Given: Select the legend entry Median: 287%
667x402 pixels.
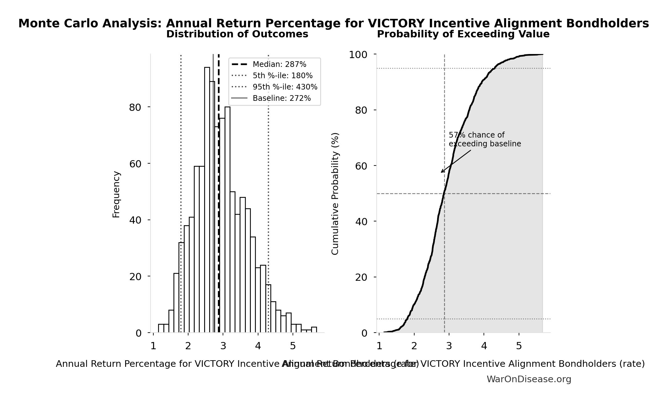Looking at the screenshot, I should pyautogui.click(x=279, y=64).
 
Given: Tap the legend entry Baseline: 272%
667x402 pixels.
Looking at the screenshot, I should pyautogui.click(x=281, y=98).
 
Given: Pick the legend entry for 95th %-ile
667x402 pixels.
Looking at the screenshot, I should pyautogui.click(x=285, y=87).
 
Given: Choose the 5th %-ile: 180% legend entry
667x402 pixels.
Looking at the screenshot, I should pyautogui.click(x=282, y=76).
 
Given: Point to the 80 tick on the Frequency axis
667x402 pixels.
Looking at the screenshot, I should pyautogui.click(x=135, y=107).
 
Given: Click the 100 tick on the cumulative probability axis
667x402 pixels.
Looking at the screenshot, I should pyautogui.click(x=358, y=55).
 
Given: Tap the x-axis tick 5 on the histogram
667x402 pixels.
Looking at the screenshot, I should pyautogui.click(x=293, y=346).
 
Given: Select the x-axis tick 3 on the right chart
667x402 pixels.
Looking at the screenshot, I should pyautogui.click(x=449, y=346).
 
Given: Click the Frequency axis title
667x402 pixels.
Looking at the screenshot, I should pyautogui.click(x=116, y=194).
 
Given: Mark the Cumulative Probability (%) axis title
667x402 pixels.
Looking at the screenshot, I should pyautogui.click(x=335, y=193).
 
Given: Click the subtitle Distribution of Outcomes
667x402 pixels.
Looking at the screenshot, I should pyautogui.click(x=237, y=34).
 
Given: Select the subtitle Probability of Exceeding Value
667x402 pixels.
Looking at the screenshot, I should pyautogui.click(x=463, y=34).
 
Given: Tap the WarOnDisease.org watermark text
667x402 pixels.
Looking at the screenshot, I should pyautogui.click(x=529, y=379).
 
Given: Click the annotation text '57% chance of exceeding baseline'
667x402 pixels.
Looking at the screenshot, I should pyautogui.click(x=484, y=139).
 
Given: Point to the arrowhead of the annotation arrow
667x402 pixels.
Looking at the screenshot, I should pyautogui.click(x=442, y=172).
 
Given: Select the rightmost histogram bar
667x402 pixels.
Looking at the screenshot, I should pyautogui.click(x=314, y=330).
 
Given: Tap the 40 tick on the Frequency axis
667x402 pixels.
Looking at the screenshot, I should pyautogui.click(x=135, y=220).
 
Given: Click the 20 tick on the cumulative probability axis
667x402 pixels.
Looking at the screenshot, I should pyautogui.click(x=361, y=277).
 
